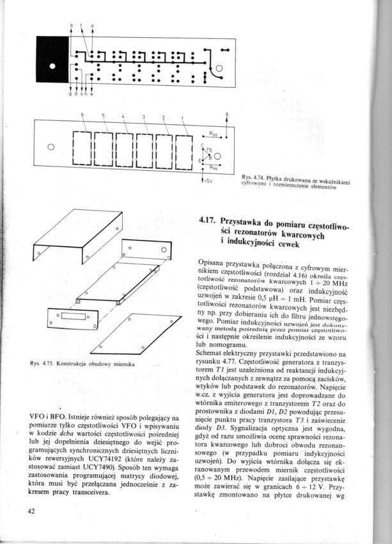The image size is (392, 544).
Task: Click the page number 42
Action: pos(31,510)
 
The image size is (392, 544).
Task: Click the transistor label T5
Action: pos(209,150)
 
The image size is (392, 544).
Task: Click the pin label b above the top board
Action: pos(72,26)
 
